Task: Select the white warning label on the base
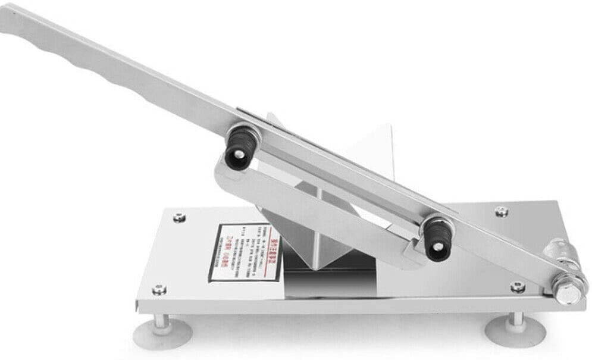pyautogui.click(x=245, y=251)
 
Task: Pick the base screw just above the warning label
pyautogui.click(x=179, y=218)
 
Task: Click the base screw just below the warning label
pyautogui.click(x=159, y=290)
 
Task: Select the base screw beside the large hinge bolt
pyautogui.click(x=518, y=287)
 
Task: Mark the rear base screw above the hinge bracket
pyautogui.click(x=502, y=211)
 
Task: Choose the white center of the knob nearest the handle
pyautogui.click(x=238, y=154)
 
